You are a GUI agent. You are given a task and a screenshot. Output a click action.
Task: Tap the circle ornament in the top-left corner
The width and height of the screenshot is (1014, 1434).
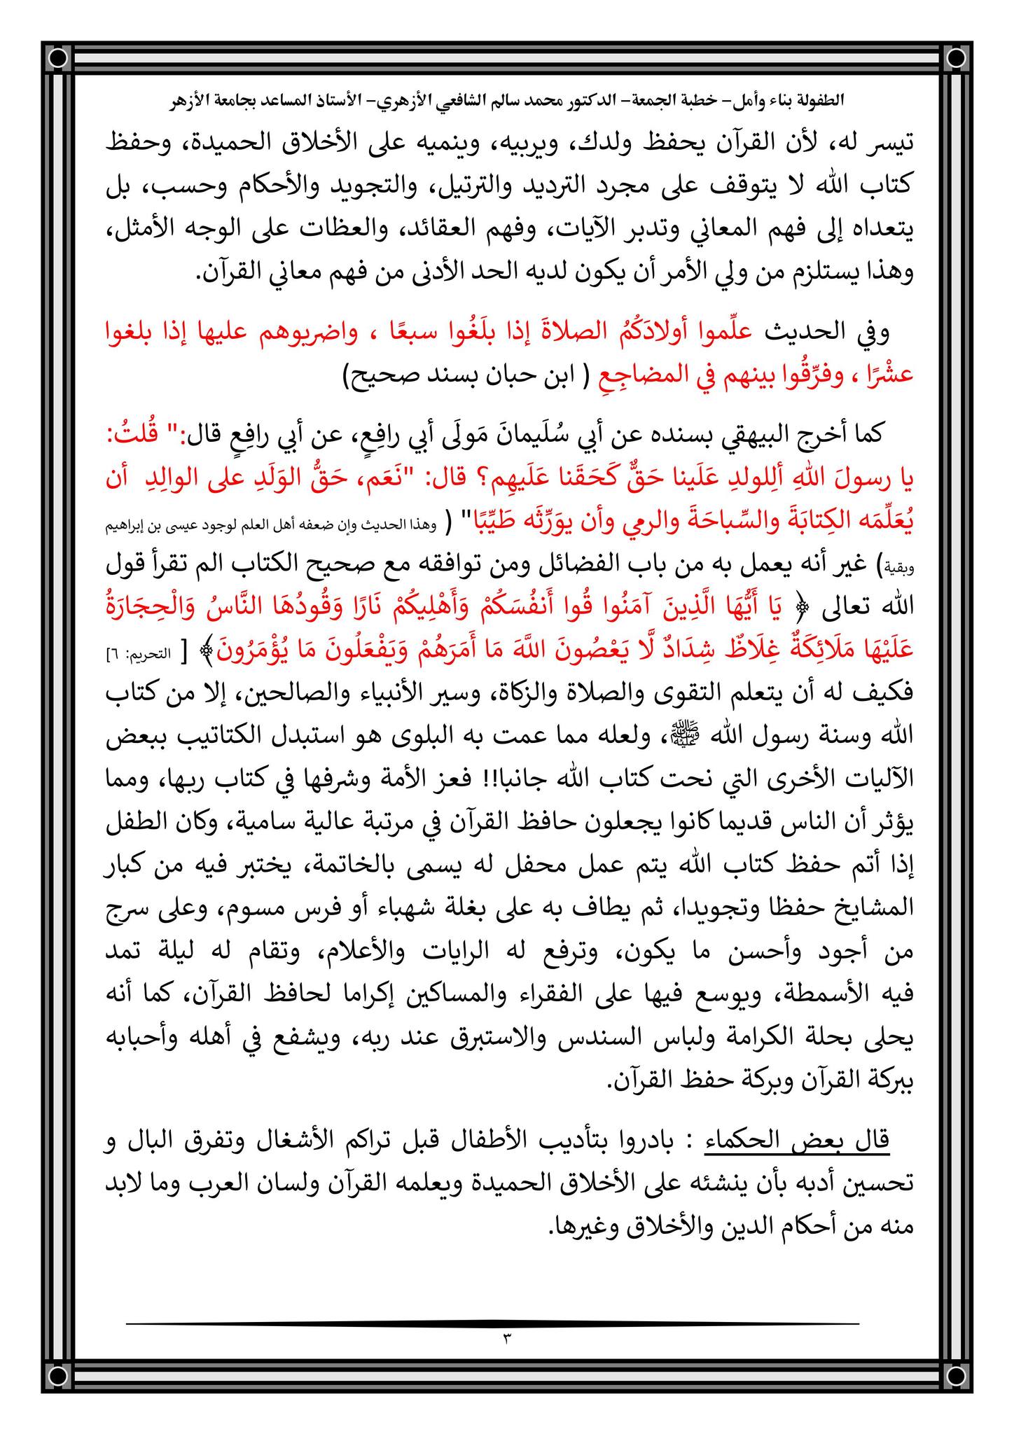(59, 57)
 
